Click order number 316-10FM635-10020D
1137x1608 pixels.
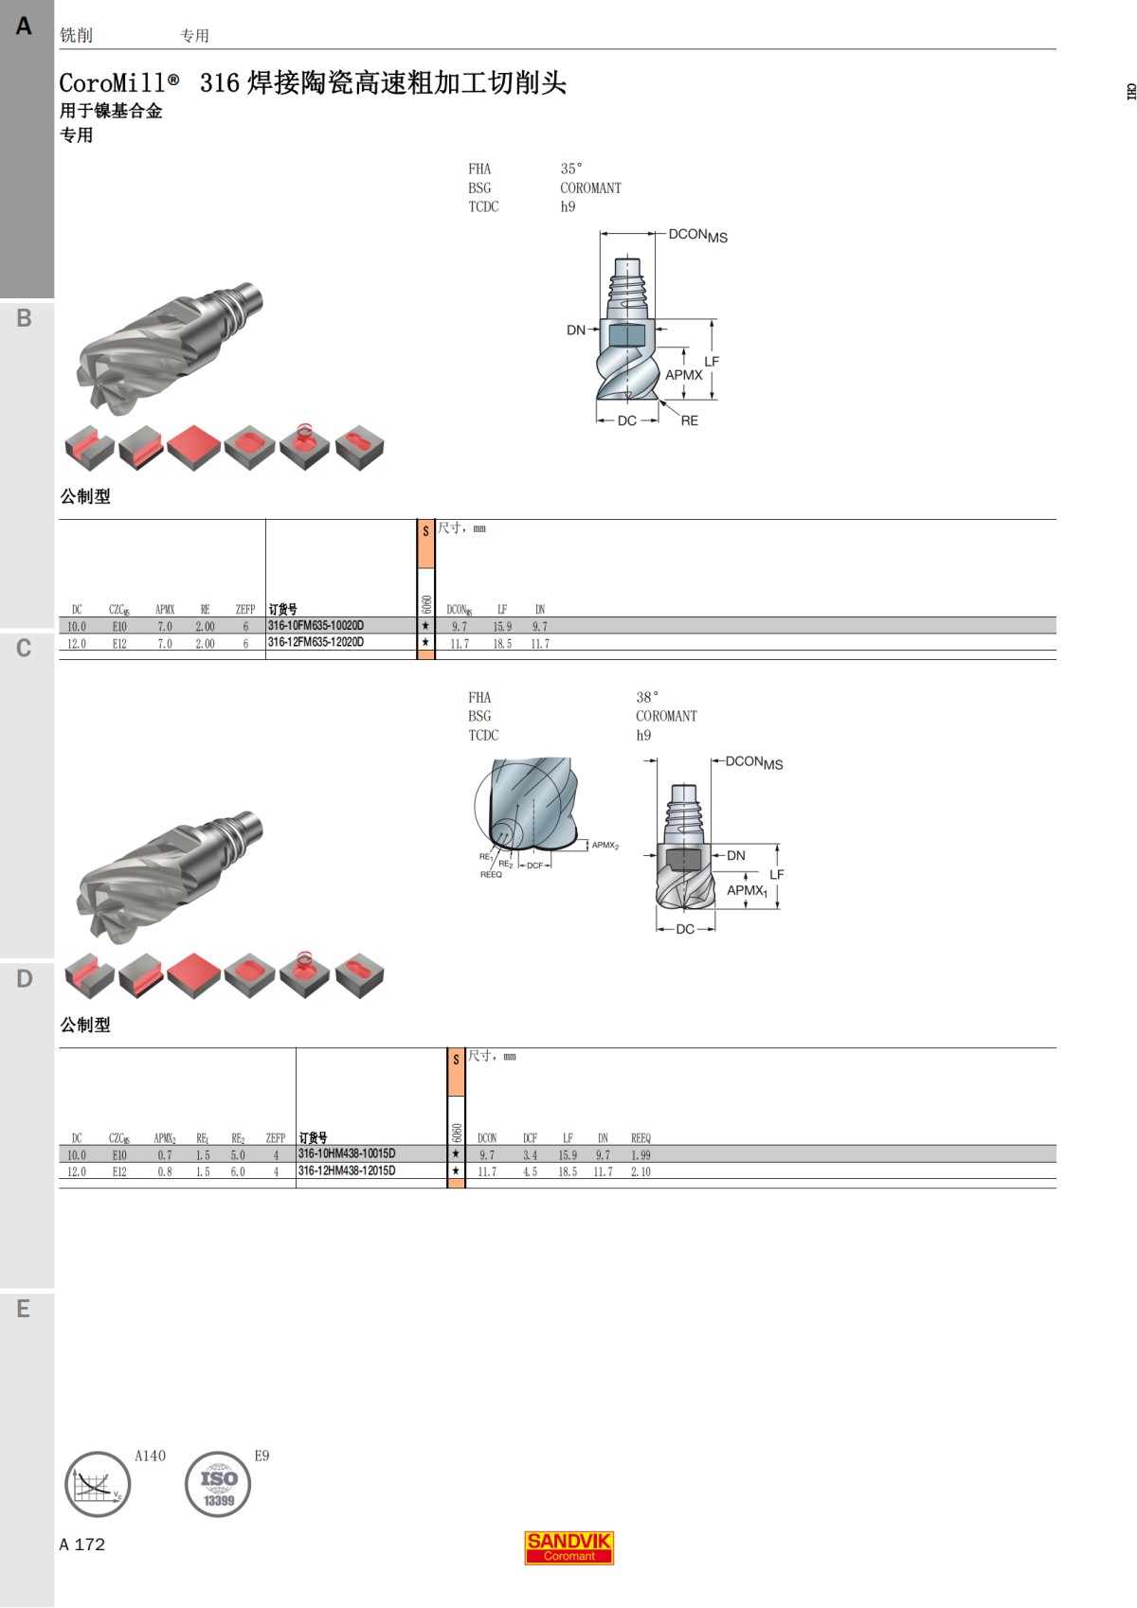coord(316,626)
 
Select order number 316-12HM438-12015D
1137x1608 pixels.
coord(347,1171)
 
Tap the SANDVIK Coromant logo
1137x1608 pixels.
coord(568,1547)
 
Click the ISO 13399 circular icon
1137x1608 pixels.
coord(218,1485)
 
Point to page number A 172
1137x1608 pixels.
coord(82,1545)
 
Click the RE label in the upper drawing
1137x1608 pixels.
coord(689,420)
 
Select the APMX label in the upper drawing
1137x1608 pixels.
coord(683,375)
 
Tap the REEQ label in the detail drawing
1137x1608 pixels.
coord(491,875)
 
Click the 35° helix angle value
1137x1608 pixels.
coord(571,169)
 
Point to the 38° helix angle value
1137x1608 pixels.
coord(647,697)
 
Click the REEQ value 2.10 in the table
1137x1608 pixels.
coord(641,1172)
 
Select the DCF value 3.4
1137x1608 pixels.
coord(530,1155)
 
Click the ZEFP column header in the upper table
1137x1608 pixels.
coord(244,610)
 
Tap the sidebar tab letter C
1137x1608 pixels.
coord(24,649)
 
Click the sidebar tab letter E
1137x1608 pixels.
coord(24,1310)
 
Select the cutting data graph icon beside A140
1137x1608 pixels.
coord(98,1485)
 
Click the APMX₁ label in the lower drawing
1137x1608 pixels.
coord(747,890)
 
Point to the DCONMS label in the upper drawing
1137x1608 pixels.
coord(697,235)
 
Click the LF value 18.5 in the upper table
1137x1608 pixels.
coord(501,644)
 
